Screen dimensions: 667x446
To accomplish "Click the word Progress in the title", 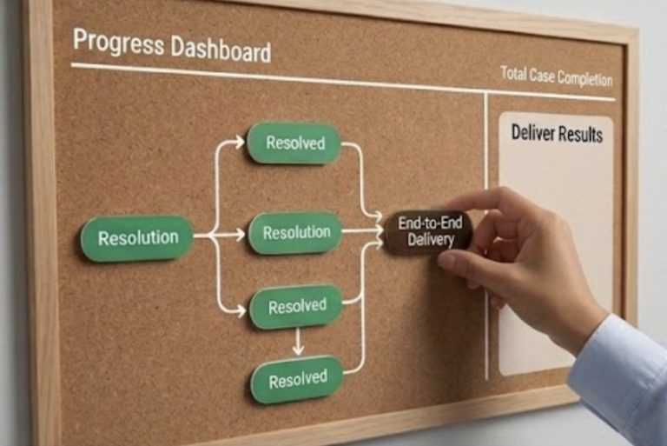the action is (118, 43).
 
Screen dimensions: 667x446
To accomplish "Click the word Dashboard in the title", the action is (221, 49).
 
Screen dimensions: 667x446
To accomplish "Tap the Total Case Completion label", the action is (557, 77).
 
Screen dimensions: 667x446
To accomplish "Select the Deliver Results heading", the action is (557, 133).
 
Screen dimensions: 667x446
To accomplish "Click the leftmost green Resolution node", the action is (137, 237).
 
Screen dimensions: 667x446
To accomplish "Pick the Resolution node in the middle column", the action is (296, 233).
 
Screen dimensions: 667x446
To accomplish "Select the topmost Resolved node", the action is (294, 143).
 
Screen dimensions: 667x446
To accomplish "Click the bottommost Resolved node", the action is (297, 380).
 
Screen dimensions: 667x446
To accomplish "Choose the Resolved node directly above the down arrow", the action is (296, 306).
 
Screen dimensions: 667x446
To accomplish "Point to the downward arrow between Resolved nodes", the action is (298, 342).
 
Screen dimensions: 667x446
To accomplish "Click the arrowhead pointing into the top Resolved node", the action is (240, 142).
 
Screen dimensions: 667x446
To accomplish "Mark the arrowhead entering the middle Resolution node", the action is (241, 234).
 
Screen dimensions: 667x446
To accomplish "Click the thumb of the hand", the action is (461, 261).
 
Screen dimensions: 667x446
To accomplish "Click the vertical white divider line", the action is (486, 236).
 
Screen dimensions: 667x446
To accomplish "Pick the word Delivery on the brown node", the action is (431, 240).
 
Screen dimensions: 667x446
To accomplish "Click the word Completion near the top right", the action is (584, 78).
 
